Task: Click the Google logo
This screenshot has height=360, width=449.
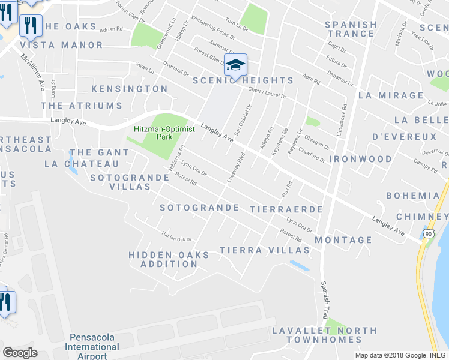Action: pyautogui.click(x=20, y=353)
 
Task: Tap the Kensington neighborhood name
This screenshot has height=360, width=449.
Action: pyautogui.click(x=129, y=89)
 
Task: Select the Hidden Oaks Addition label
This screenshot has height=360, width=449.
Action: pyautogui.click(x=169, y=259)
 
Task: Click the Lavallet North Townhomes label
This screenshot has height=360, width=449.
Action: pyautogui.click(x=324, y=335)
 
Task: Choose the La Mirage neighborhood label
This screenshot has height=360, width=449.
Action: pyautogui.click(x=391, y=95)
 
